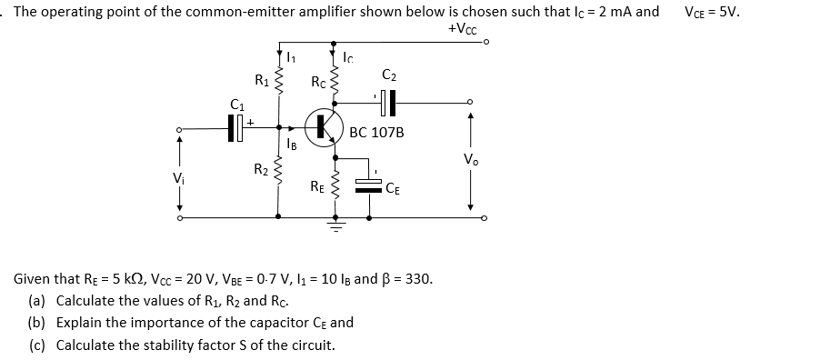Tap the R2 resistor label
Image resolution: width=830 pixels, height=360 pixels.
point(260,168)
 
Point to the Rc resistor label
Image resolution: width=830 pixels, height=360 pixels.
point(317,83)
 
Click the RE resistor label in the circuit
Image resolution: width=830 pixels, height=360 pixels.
point(317,188)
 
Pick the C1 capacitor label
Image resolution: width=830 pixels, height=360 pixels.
point(239,103)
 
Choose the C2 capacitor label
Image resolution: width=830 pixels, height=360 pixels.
point(389,74)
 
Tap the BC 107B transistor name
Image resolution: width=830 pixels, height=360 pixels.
point(376,132)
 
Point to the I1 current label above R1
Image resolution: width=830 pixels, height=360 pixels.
point(292,60)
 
